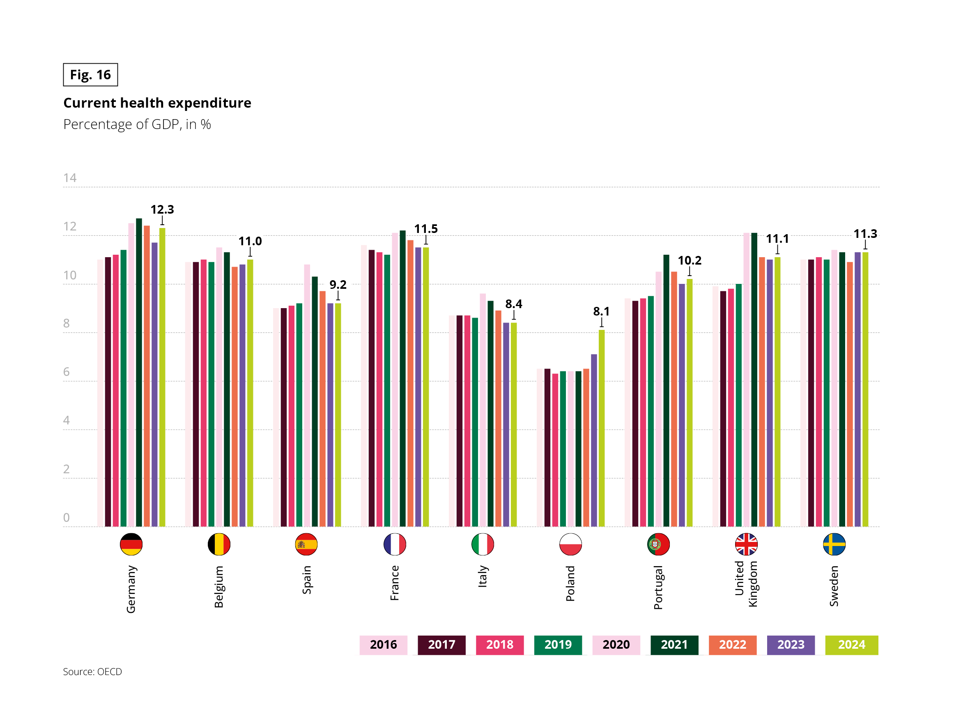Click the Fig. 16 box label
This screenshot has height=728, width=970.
[x=90, y=75]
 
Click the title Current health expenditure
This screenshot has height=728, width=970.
[x=157, y=103]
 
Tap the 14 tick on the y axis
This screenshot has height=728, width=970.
[x=70, y=178]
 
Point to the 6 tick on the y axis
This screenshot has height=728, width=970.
[x=66, y=372]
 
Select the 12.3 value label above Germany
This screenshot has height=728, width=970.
[x=162, y=209]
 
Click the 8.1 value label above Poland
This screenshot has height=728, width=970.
[x=601, y=311]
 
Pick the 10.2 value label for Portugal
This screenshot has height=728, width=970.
[x=690, y=260]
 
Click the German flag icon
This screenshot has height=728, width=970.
[x=131, y=544]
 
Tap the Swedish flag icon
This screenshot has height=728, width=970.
[x=834, y=544]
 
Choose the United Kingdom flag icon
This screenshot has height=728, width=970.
[x=746, y=544]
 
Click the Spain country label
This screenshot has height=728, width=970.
[x=306, y=580]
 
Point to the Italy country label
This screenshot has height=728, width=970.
[x=483, y=576]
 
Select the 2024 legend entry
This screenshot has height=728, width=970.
[x=851, y=645]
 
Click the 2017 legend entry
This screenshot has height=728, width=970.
[x=441, y=645]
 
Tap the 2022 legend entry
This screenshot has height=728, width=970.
[x=732, y=645]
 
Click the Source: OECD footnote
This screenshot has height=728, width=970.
[x=92, y=671]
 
